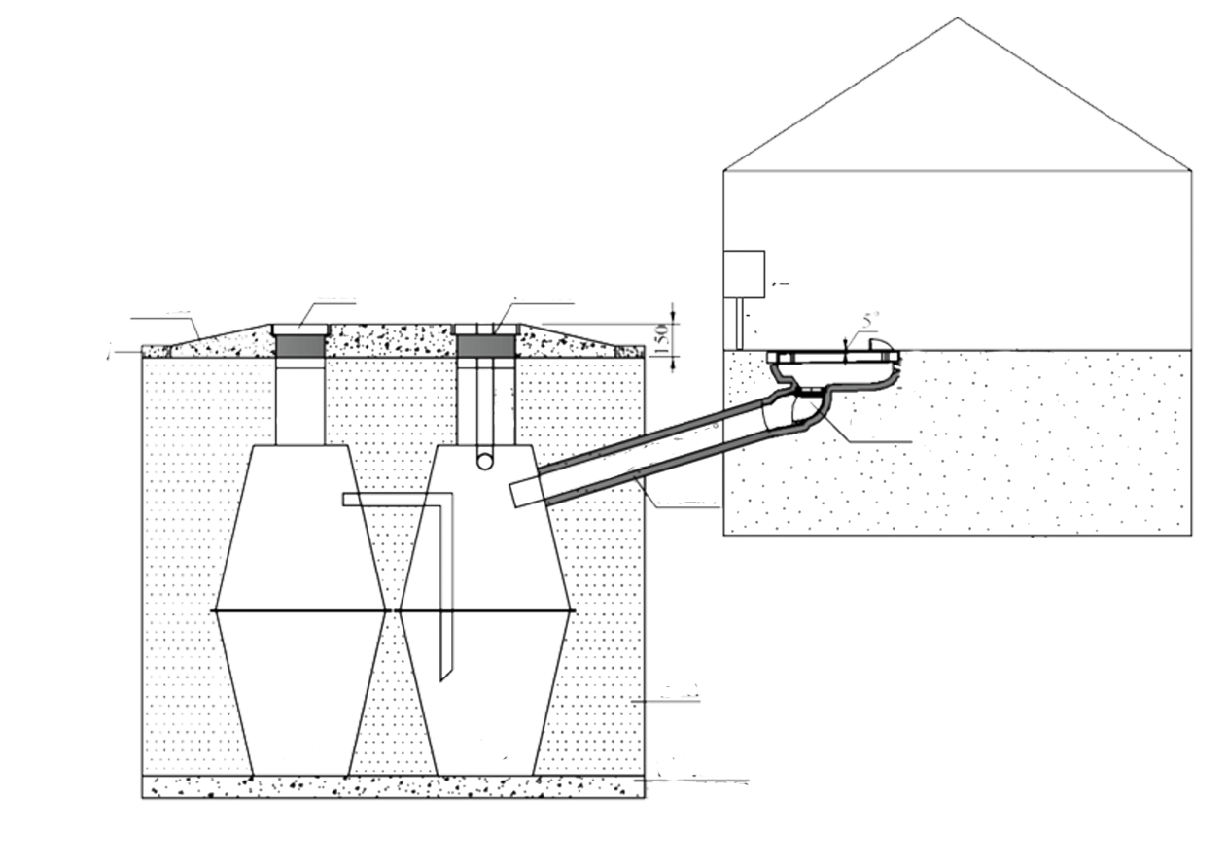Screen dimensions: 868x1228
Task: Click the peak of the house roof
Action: click(x=957, y=18)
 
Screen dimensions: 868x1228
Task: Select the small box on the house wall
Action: click(x=744, y=274)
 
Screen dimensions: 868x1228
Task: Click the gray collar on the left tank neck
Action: click(x=300, y=345)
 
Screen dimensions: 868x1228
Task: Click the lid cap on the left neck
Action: click(x=300, y=329)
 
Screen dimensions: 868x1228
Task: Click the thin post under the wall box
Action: click(x=741, y=323)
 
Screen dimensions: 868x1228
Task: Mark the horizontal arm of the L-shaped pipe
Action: click(x=394, y=500)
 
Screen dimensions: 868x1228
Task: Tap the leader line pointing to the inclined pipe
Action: click(x=681, y=503)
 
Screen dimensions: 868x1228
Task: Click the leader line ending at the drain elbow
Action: click(x=865, y=440)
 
